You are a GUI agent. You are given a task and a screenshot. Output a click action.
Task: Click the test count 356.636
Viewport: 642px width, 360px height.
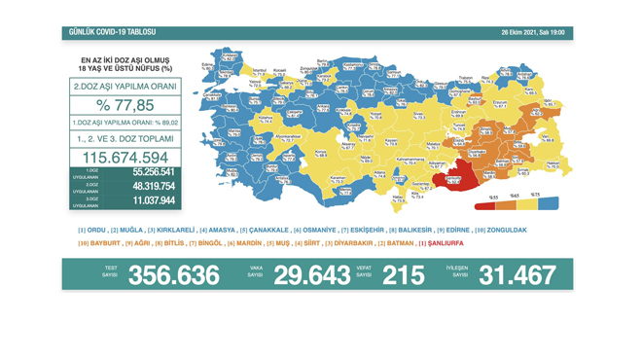pyautogui.click(x=174, y=275)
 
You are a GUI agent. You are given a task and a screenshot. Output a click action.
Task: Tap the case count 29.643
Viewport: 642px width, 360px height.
pyautogui.click(x=310, y=275)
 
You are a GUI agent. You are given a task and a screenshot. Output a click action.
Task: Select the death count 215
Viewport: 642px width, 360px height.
pyautogui.click(x=403, y=275)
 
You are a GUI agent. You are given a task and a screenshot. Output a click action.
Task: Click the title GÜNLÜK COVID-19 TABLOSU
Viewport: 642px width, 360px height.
pyautogui.click(x=112, y=32)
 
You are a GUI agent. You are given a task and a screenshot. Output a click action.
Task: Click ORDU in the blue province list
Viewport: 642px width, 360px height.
pyautogui.click(x=94, y=230)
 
